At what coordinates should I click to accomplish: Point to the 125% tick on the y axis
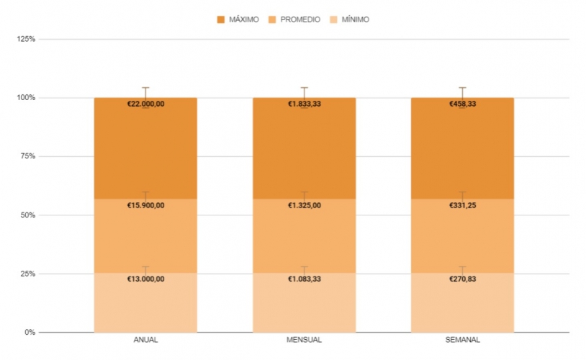(x=27, y=39)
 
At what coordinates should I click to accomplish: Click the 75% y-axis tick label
(x=27, y=156)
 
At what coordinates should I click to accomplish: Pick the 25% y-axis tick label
(x=27, y=274)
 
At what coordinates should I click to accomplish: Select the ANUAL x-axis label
(x=145, y=340)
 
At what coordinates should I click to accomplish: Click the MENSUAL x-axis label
(x=304, y=340)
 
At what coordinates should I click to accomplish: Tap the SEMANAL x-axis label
(x=462, y=340)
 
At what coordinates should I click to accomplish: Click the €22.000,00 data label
(x=145, y=104)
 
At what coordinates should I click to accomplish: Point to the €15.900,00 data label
(x=145, y=205)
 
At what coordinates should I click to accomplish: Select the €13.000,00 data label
(x=145, y=279)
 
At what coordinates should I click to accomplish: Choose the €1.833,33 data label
(x=304, y=104)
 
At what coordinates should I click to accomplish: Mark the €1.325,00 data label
(x=304, y=205)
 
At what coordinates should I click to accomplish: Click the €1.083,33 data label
(x=304, y=279)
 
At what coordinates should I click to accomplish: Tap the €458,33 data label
(x=462, y=104)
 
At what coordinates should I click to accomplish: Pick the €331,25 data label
(x=462, y=205)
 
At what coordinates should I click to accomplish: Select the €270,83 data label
(x=462, y=279)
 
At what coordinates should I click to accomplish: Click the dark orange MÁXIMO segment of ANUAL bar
(x=145, y=151)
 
